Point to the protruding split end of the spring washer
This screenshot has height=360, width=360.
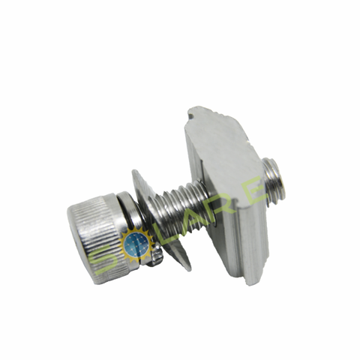155,259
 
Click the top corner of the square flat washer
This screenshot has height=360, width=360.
136,175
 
